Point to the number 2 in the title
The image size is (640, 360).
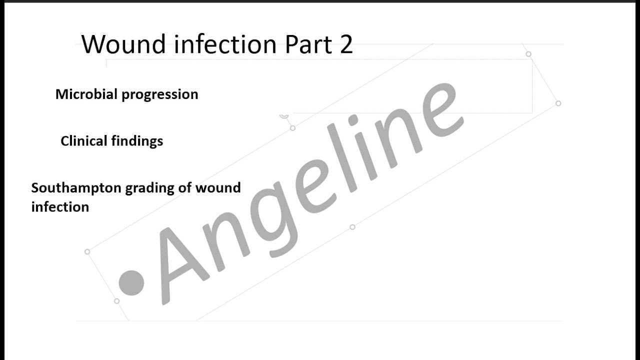coord(345,44)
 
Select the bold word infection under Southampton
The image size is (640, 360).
coord(60,206)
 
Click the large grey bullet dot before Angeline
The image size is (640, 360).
coord(131,282)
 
